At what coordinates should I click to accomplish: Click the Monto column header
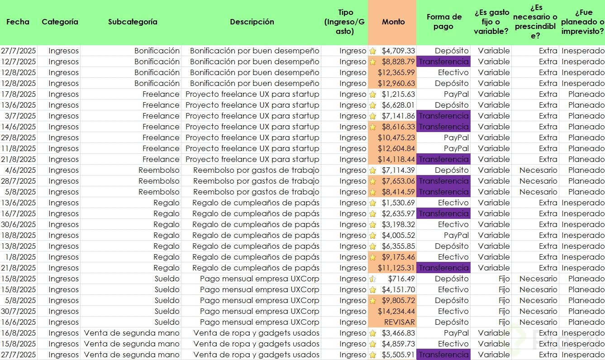click(393, 22)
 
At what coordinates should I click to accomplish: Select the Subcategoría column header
click(133, 22)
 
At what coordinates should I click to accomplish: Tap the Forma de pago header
click(443, 22)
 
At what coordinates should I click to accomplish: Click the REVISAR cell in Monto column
click(399, 322)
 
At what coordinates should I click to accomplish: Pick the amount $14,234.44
click(396, 311)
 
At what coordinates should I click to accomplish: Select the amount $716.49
click(398, 279)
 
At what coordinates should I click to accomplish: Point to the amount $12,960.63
click(396, 83)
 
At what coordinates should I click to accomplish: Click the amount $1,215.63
click(398, 94)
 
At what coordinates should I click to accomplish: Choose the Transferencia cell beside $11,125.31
click(443, 268)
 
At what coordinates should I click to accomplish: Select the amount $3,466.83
click(398, 333)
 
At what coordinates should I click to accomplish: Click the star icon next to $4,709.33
click(373, 51)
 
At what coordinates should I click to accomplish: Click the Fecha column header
click(18, 22)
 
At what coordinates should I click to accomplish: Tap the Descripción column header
click(252, 22)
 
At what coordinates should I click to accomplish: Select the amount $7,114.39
click(398, 170)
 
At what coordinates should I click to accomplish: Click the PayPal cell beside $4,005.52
click(456, 235)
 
